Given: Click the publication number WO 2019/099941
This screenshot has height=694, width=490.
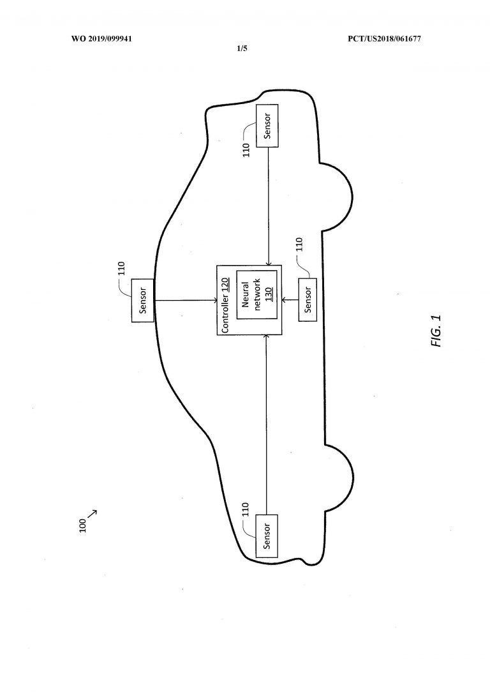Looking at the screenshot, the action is (101, 39).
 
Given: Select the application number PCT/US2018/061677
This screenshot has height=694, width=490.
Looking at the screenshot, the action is (384, 39).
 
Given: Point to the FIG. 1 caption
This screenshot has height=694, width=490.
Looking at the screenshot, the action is (436, 331).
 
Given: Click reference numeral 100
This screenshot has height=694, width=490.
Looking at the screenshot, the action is (83, 525).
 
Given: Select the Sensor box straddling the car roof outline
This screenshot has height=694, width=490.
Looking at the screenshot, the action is (142, 301).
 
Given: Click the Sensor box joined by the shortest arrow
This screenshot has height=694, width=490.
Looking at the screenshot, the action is (308, 299).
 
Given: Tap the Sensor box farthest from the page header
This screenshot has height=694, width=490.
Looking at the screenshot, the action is (267, 536).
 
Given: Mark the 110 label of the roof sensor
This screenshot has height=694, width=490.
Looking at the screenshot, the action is (122, 269).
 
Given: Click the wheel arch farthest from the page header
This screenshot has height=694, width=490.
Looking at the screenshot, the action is (339, 478).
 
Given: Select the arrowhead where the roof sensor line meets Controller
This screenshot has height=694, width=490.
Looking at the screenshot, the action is (214, 301).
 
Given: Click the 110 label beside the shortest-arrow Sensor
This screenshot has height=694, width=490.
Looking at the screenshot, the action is (299, 245).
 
